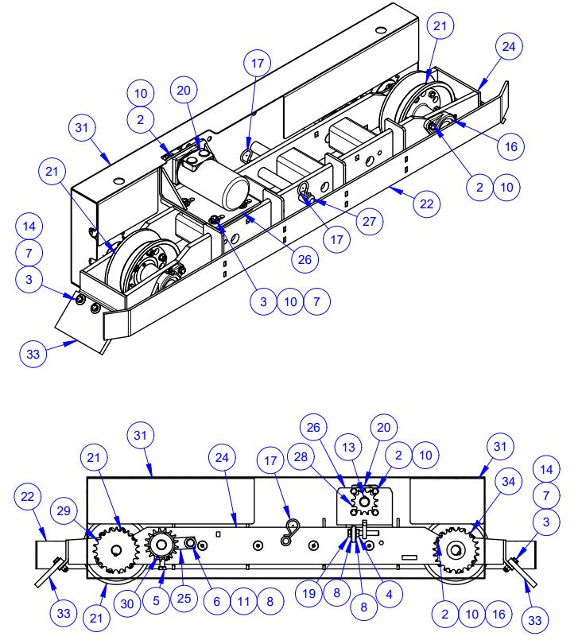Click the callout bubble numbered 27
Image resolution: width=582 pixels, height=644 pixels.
(x=367, y=222)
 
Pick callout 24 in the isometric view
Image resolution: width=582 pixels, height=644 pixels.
(x=509, y=46)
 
